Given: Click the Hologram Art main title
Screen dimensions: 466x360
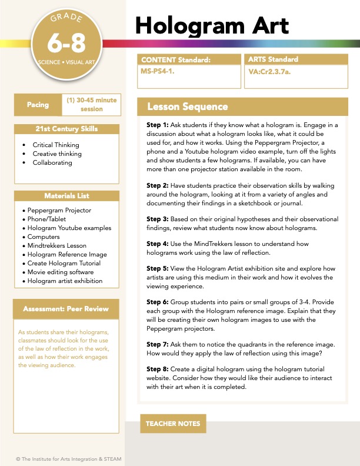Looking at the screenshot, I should coord(212,25).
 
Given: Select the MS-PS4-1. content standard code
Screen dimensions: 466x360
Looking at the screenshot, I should coord(158,71).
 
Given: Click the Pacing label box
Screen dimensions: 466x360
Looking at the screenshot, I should coord(38,105).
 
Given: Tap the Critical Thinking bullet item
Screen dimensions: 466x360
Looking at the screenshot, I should coord(56,145).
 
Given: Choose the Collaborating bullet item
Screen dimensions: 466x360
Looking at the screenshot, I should coord(52,162).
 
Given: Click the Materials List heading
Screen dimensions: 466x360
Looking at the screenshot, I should coord(66,196).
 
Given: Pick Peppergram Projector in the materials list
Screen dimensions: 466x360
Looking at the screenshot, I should coord(59,210).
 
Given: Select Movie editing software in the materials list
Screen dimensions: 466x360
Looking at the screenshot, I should coord(62,272).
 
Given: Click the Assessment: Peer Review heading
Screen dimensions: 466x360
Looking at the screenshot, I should coord(66,309).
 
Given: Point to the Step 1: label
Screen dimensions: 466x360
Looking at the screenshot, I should coord(158,125).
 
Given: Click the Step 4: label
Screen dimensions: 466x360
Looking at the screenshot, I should coord(158,244).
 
